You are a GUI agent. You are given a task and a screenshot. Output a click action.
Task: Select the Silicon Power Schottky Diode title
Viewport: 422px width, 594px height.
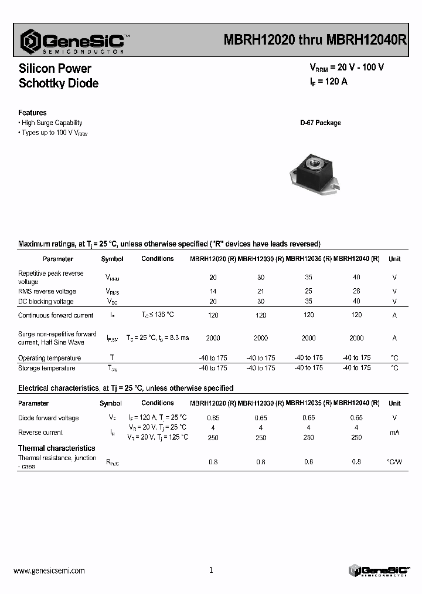pyautogui.click(x=58, y=76)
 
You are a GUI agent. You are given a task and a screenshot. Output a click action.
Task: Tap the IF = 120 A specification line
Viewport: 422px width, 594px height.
pyautogui.click(x=328, y=82)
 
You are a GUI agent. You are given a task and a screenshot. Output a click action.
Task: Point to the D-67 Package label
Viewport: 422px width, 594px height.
pyautogui.click(x=320, y=123)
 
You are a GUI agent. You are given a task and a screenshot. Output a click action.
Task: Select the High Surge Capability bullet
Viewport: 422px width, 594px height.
pyautogui.click(x=51, y=123)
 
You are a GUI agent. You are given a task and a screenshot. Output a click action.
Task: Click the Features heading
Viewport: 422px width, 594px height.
pyautogui.click(x=32, y=113)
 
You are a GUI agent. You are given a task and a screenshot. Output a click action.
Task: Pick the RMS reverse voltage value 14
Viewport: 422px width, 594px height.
pyautogui.click(x=213, y=291)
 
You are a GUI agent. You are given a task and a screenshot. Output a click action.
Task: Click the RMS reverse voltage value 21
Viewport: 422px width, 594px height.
pyautogui.click(x=261, y=291)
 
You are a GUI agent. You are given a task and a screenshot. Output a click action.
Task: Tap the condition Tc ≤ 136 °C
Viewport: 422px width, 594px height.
pyautogui.click(x=157, y=315)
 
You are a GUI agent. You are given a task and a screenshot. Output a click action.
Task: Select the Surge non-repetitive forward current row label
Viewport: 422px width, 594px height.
pyautogui.click(x=57, y=338)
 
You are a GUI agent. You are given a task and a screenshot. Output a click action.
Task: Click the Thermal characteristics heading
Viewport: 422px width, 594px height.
pyautogui.click(x=56, y=448)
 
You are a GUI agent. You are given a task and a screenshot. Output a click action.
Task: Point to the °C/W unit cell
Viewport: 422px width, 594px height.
pyautogui.click(x=394, y=462)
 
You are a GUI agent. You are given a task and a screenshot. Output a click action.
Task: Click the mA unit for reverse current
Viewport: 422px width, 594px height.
pyautogui.click(x=394, y=433)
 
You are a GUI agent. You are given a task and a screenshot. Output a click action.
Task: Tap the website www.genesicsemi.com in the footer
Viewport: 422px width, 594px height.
pyautogui.click(x=49, y=570)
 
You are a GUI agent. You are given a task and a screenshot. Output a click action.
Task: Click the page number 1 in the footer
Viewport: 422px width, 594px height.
pyautogui.click(x=211, y=570)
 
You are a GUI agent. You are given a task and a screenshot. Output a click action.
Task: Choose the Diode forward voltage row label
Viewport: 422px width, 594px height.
pyautogui.click(x=48, y=418)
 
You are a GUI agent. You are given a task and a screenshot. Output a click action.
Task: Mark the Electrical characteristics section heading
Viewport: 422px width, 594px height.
pyautogui.click(x=125, y=388)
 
